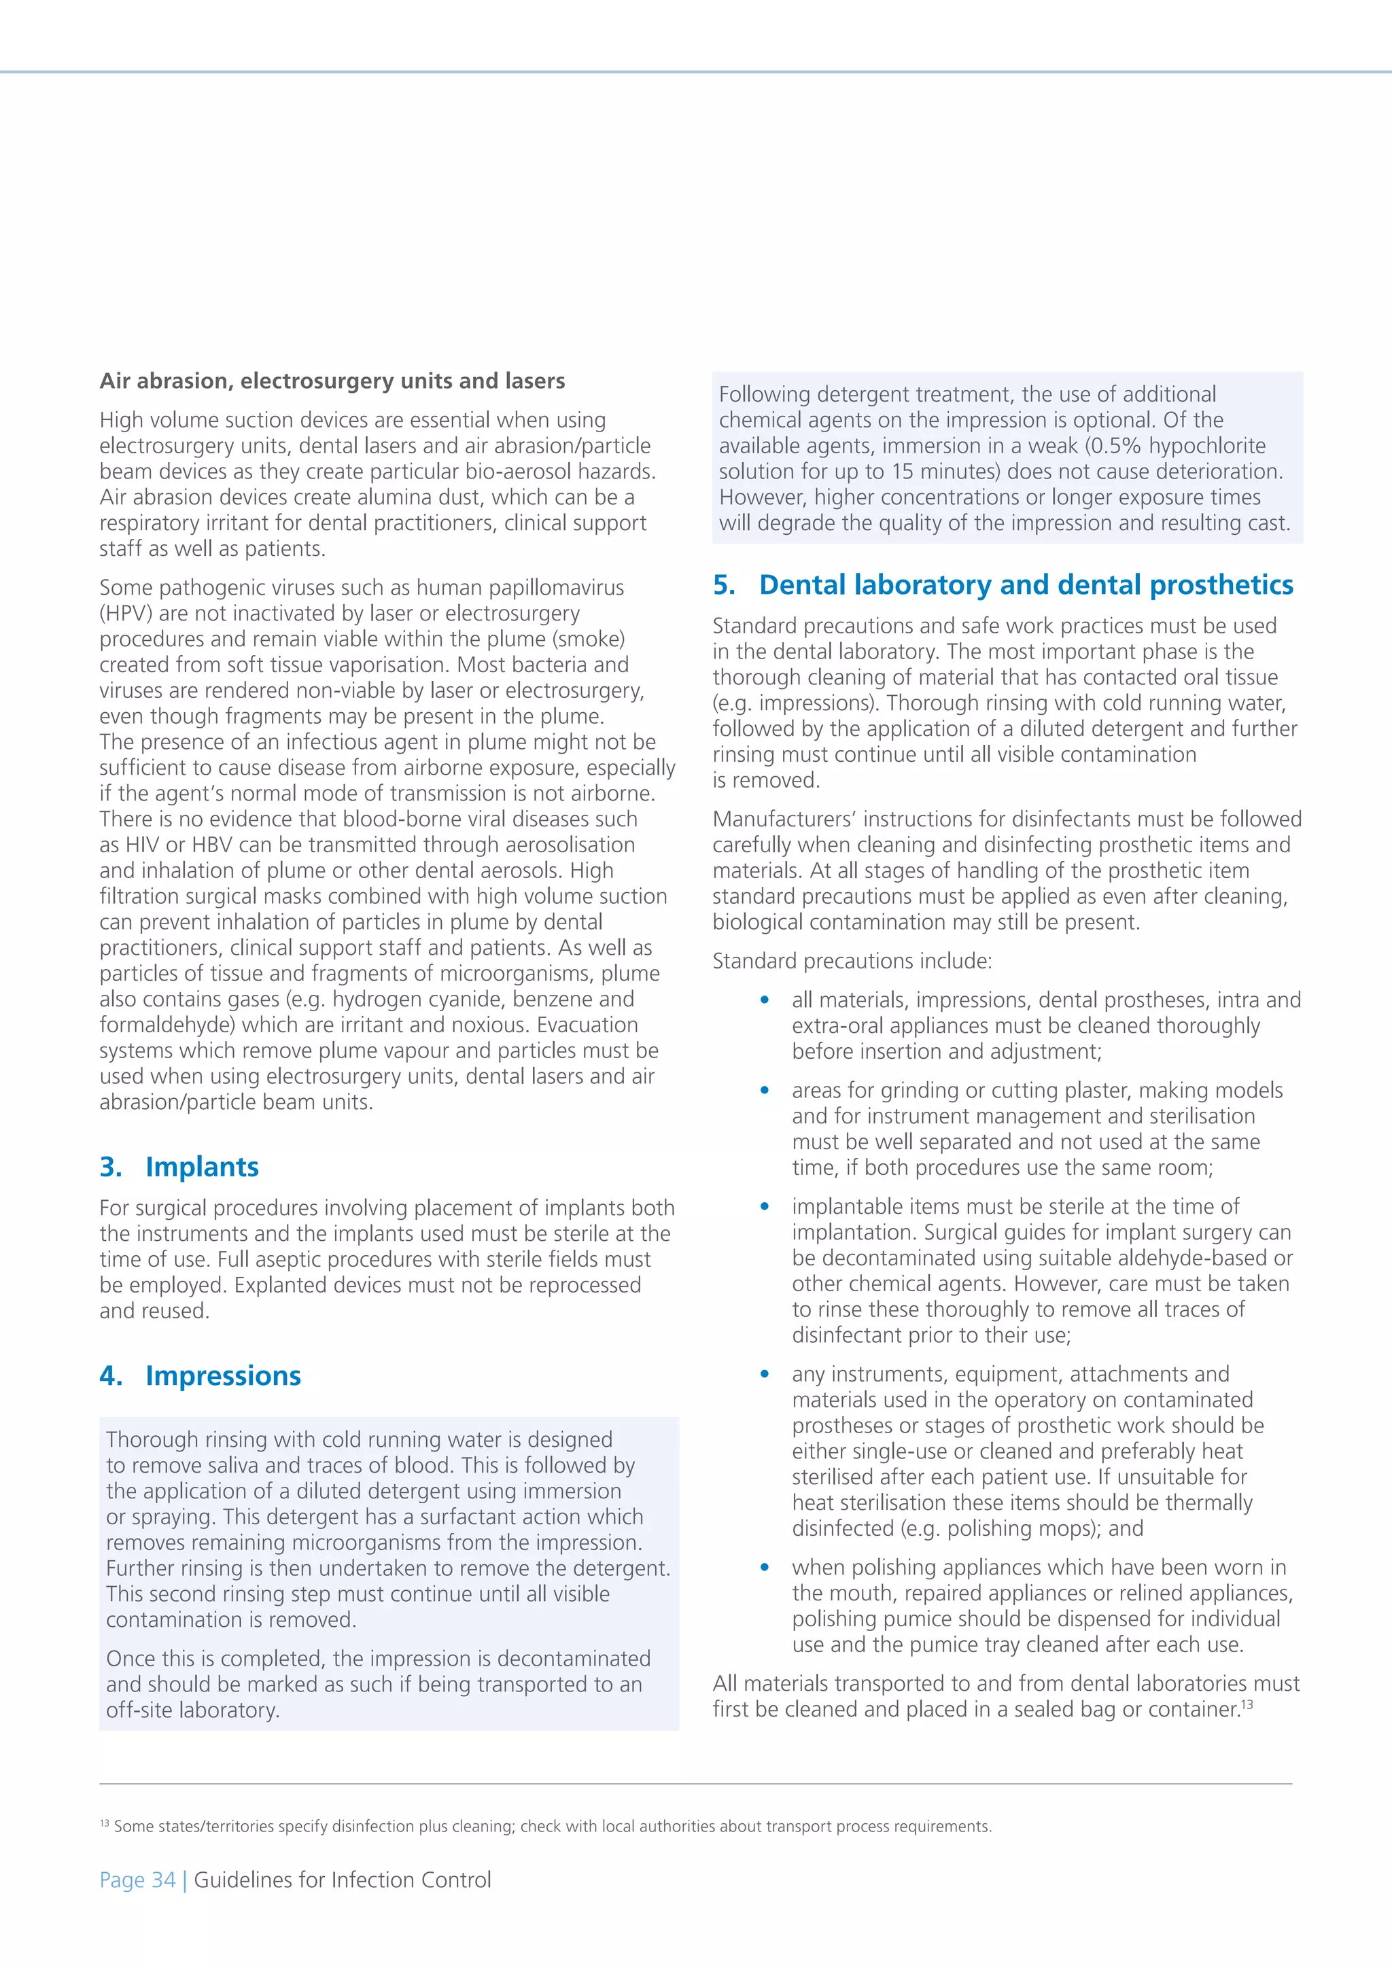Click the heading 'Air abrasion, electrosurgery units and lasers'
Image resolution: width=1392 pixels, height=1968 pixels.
(x=332, y=381)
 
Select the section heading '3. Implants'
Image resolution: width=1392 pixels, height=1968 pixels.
(x=179, y=1167)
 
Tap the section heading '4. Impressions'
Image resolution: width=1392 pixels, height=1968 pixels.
(x=200, y=1375)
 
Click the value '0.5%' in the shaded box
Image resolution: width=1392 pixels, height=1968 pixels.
(x=1117, y=446)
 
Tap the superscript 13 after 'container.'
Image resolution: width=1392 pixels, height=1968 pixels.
(x=1247, y=1704)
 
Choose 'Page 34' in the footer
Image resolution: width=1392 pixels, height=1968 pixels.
(x=137, y=1880)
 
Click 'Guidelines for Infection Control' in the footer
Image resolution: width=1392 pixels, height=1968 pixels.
(x=343, y=1880)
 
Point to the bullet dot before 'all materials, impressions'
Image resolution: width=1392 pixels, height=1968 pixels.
(x=765, y=1000)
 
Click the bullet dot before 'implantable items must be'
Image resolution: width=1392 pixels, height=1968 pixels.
(x=765, y=1207)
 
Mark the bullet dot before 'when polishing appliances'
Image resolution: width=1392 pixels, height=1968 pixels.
(x=765, y=1568)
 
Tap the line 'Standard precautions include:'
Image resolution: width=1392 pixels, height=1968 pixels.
(x=852, y=961)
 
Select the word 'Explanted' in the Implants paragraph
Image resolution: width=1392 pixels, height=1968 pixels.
(x=285, y=1285)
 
